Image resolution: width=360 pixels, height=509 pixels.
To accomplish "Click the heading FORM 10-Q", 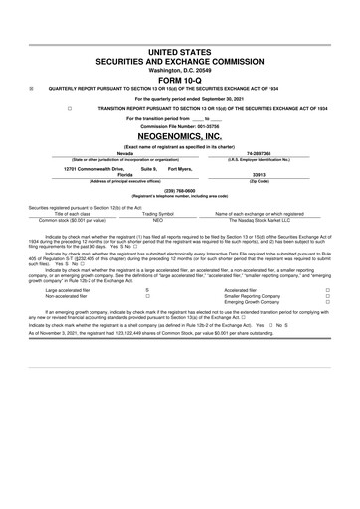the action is (179, 79).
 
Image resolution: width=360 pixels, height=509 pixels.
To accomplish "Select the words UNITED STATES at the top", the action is (179, 51).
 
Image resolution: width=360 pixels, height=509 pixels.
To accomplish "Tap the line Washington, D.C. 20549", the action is (179, 70).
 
